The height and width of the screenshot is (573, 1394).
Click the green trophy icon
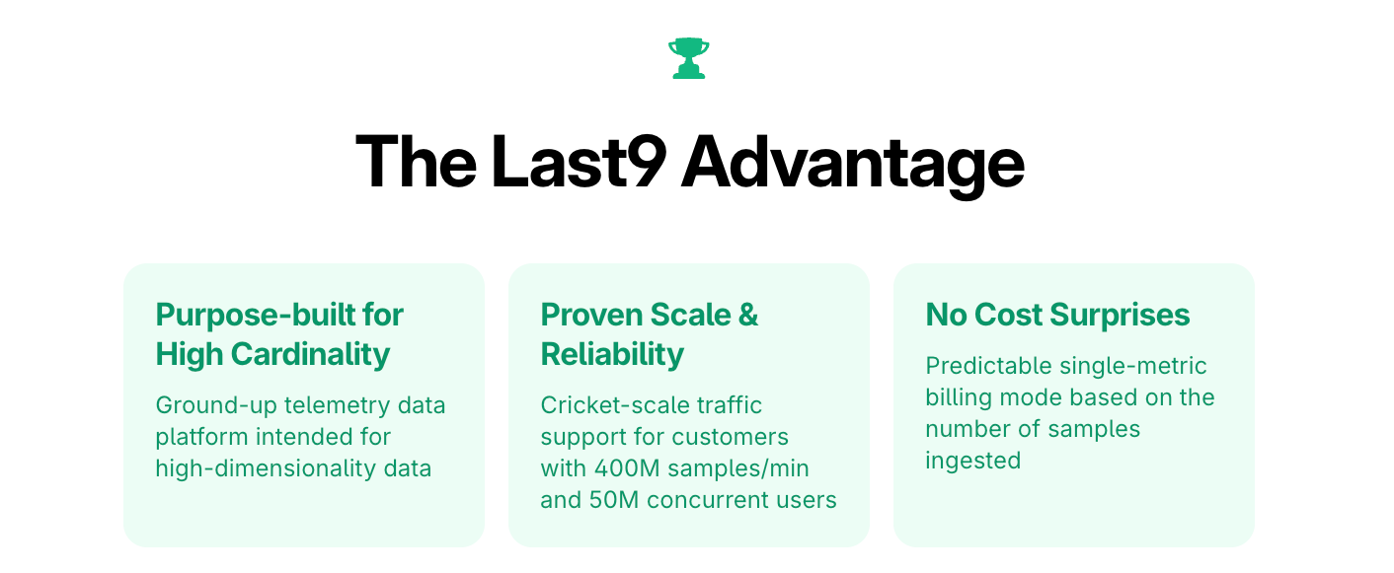coord(688,58)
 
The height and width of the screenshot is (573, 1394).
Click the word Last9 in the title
coord(578,162)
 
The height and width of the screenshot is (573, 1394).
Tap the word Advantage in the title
coord(852,162)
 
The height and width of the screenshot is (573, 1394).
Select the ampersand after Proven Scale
coord(748,315)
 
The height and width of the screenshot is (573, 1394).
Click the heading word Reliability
coord(612,354)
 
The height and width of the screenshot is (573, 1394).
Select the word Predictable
coord(988,366)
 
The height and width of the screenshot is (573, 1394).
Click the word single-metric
coord(1133,366)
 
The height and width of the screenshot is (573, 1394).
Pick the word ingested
coord(972,461)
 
